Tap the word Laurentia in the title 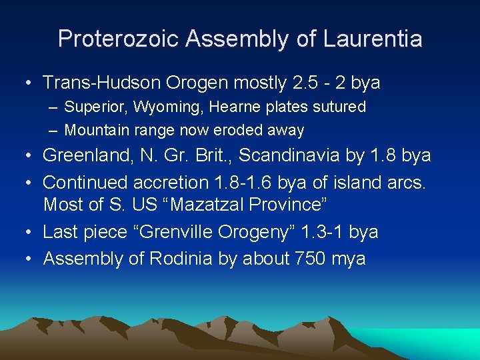pos(373,39)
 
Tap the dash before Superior pos(53,107)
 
